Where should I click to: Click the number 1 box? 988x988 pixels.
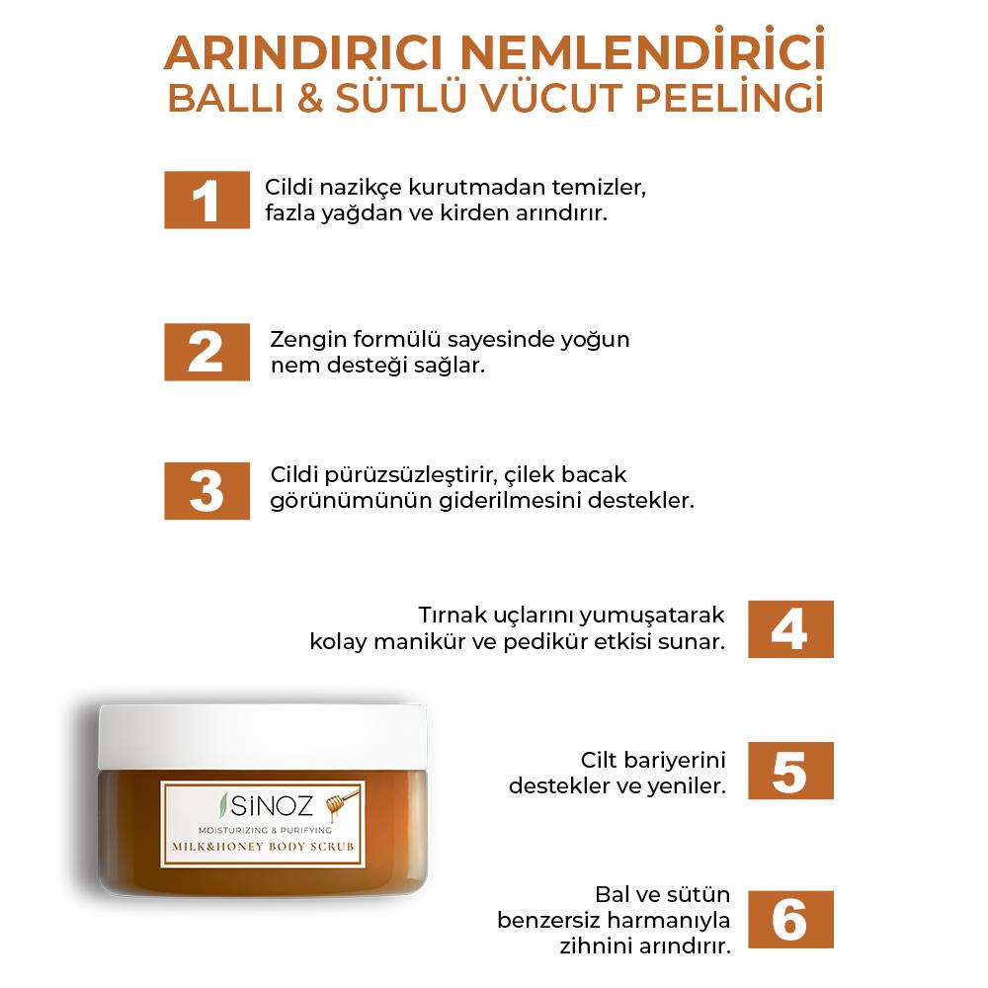206,201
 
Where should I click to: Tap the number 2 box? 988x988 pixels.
206,352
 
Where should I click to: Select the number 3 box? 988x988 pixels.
206,491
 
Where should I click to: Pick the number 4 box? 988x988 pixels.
790,629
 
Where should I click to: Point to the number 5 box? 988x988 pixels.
790,771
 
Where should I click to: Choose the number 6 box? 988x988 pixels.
790,920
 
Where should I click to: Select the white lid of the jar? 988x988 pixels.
263,736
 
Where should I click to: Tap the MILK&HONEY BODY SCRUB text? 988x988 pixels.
263,849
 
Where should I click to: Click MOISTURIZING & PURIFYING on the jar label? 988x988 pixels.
263,830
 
